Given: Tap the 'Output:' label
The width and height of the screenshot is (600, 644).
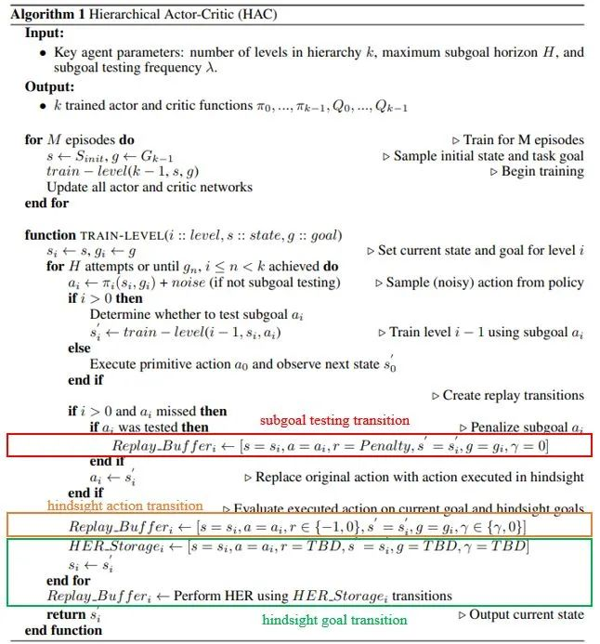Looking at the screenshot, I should pos(48,86).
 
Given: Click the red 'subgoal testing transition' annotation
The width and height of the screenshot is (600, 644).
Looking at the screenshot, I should pos(333,420).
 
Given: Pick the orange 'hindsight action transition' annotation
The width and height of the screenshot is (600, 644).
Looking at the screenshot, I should pos(125,506).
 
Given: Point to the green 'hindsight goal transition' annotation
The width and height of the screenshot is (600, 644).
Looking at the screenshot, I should pos(334,619).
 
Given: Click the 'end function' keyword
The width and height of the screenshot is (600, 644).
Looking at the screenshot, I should pos(65,629).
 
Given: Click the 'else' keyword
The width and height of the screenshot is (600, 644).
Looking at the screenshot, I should pos(79,348).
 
